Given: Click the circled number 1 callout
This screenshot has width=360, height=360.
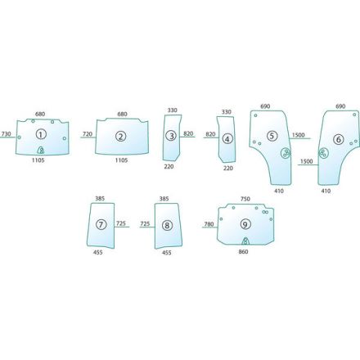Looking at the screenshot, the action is (41, 134).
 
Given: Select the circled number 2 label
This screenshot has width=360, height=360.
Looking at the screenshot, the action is (120, 136).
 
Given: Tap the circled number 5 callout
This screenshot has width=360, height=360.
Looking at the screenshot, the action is (272, 136).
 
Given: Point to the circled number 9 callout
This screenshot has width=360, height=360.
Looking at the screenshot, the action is (245, 224).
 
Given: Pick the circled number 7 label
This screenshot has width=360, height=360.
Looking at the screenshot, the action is (101, 225).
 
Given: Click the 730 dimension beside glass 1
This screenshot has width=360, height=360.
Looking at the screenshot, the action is (7, 134).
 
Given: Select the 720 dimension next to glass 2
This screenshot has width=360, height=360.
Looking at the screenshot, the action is (88, 134).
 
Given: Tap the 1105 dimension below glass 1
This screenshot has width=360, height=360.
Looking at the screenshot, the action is (38, 160).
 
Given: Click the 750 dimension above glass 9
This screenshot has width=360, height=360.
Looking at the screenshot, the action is (245, 199).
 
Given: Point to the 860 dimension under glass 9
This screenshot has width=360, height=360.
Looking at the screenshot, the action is (243, 251).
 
